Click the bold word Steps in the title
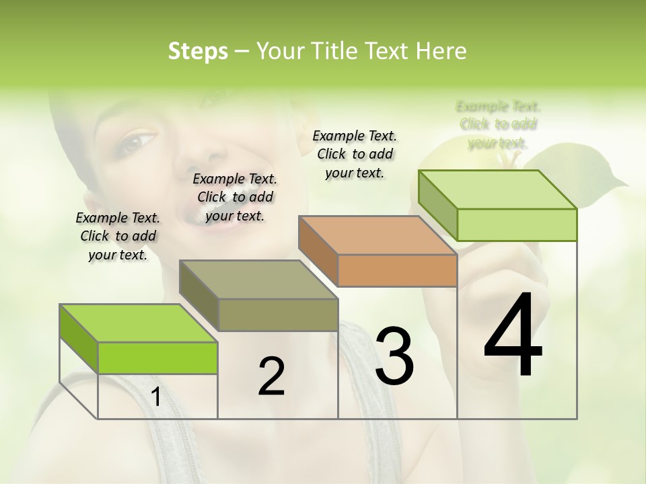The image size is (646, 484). [x=198, y=51]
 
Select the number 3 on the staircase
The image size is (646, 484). [x=394, y=356]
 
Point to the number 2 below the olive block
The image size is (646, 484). [x=271, y=376]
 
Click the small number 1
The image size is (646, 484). [x=156, y=397]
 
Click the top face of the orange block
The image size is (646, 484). [x=377, y=235]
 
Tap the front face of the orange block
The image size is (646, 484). [x=397, y=271]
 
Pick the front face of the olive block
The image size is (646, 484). [x=278, y=315]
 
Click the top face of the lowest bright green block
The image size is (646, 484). [x=138, y=323]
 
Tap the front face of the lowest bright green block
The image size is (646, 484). [x=157, y=358]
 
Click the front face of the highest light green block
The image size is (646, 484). [x=517, y=225]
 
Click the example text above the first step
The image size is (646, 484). [x=118, y=236]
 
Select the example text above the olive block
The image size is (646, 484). [x=235, y=197]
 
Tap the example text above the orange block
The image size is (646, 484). [x=355, y=154]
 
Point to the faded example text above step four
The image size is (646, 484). [x=498, y=124]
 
